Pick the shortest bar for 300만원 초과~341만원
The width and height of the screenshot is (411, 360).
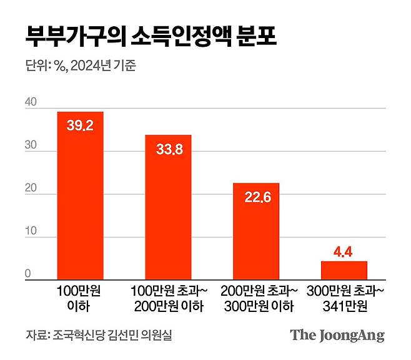(344, 271)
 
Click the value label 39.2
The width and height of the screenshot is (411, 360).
(80, 126)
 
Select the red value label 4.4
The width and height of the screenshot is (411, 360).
(344, 252)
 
